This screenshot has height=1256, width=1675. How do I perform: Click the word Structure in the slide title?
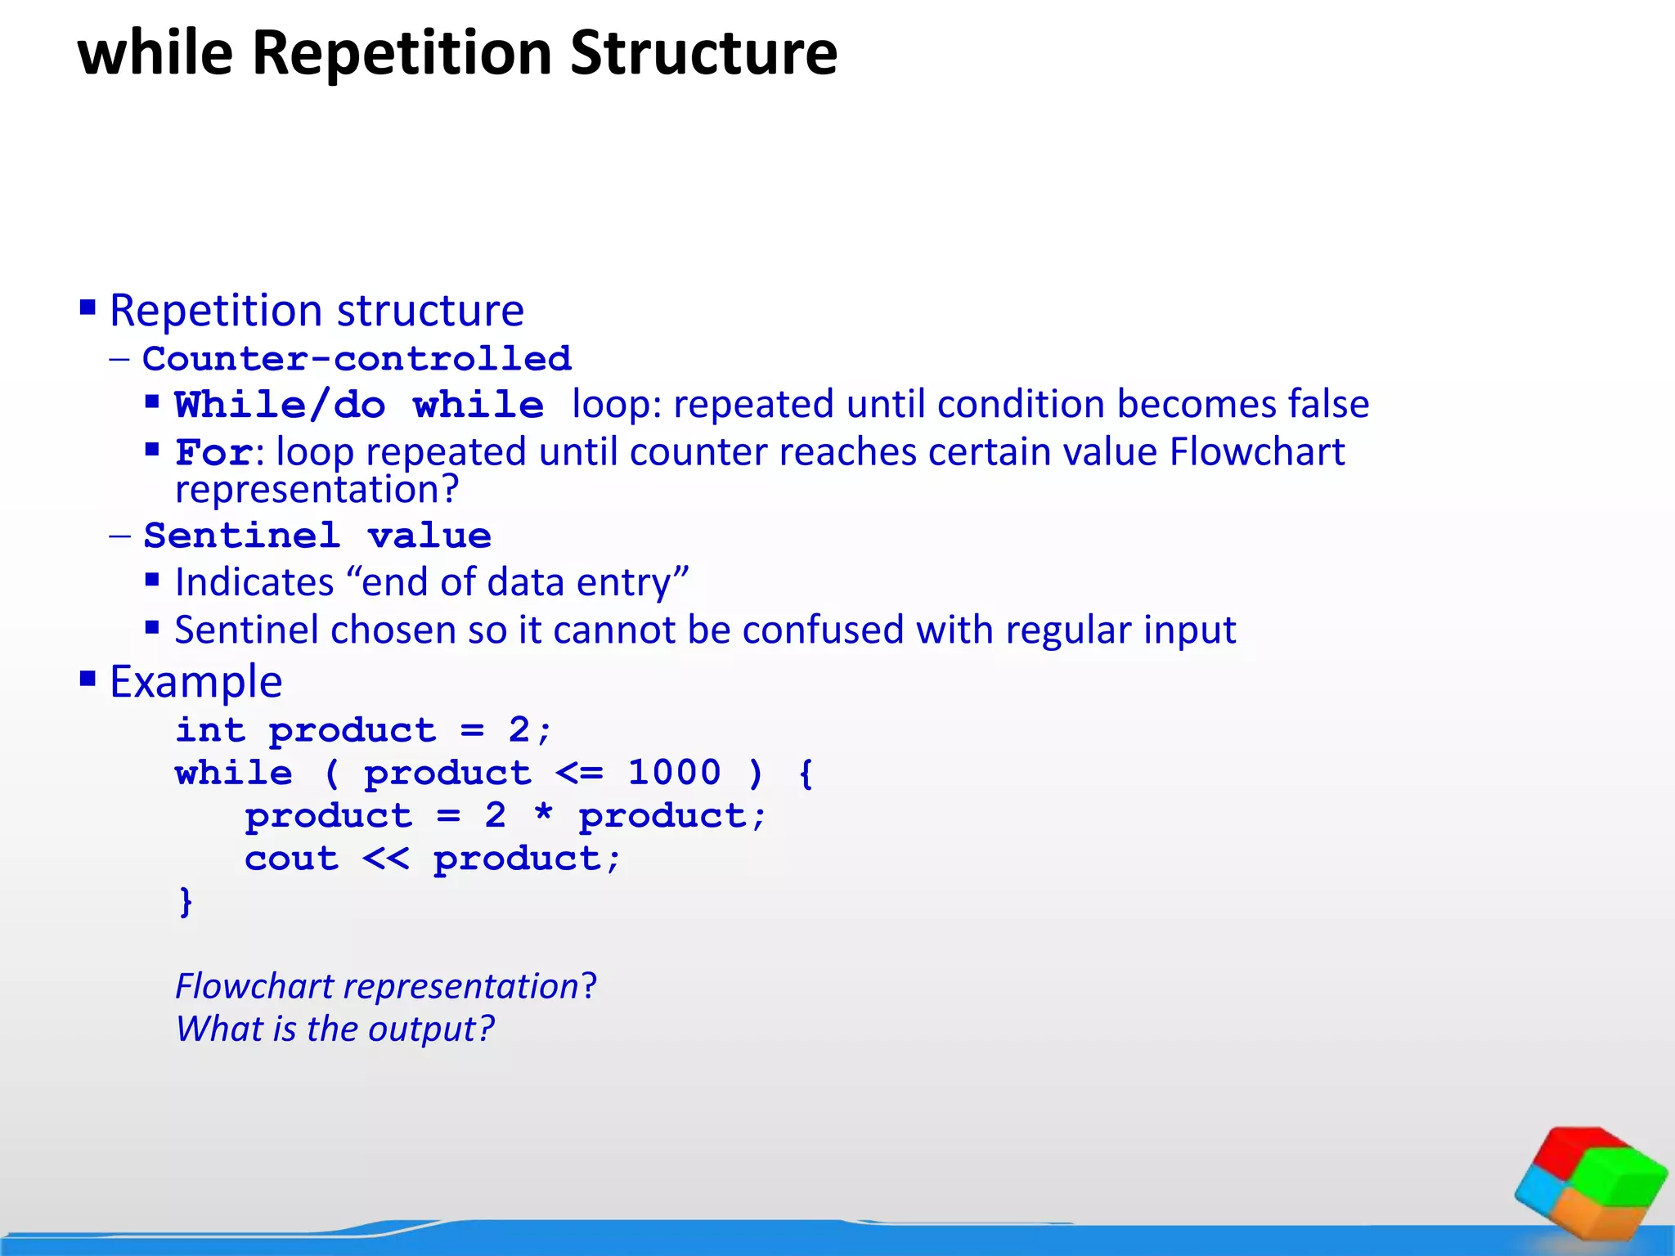703,53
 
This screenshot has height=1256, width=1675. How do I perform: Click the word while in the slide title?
155,53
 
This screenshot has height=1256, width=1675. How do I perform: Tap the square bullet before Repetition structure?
88,309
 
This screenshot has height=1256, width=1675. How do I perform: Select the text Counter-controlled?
357,359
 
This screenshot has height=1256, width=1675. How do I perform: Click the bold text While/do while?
359,406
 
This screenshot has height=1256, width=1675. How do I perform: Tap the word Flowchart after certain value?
1257,452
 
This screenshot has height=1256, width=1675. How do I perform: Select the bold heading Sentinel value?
317,536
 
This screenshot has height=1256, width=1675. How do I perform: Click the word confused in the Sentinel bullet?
824,630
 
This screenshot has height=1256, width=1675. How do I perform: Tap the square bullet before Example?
88,679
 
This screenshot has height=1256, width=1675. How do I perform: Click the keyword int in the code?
210,730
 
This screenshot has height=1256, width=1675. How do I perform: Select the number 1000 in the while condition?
674,773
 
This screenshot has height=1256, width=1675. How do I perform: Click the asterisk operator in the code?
543,815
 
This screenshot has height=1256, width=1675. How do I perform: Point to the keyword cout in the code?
291,859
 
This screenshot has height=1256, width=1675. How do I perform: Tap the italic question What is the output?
335,1029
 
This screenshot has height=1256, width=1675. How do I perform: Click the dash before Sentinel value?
119,536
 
